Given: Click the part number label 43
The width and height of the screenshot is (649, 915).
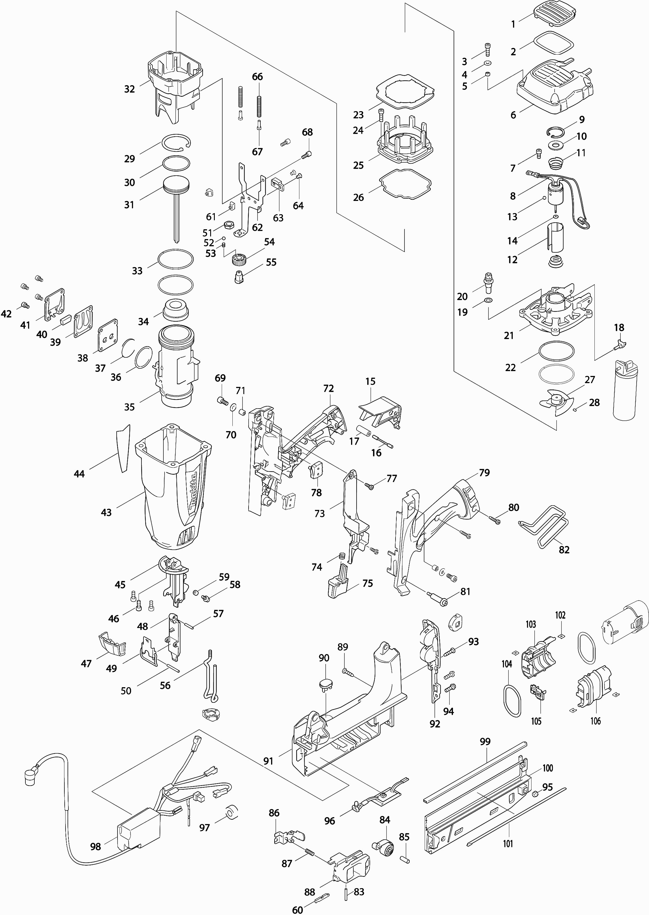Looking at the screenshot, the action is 106,512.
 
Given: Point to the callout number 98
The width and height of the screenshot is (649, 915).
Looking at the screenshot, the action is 96,846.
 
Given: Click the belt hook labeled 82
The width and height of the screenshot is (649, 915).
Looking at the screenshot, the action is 544,526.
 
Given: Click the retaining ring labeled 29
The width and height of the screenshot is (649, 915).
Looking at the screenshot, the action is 176,142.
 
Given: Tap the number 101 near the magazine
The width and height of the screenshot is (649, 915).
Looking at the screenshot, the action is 508,843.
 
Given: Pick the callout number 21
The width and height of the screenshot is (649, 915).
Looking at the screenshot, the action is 508,336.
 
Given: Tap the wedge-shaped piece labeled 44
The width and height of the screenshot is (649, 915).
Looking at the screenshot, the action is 124,448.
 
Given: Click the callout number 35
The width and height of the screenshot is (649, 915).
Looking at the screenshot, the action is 129,407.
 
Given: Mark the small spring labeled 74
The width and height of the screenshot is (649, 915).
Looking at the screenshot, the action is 342,556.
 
